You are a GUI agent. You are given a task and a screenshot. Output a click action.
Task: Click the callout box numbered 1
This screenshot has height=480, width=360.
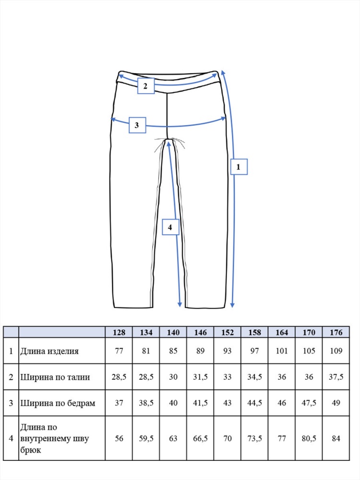pos(239,167)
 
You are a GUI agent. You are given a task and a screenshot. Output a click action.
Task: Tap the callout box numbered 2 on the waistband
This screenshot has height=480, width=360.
pos(145,86)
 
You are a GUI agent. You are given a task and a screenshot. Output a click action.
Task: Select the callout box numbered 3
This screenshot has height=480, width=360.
pos(137,125)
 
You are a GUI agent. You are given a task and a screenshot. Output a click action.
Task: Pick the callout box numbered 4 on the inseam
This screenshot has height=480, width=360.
pos(170,227)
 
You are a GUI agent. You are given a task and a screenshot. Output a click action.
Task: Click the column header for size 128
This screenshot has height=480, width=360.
pos(119,333)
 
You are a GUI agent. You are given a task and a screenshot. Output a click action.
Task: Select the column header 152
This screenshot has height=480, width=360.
pos(228,333)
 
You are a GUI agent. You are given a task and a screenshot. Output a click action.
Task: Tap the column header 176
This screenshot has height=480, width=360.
pos(336,333)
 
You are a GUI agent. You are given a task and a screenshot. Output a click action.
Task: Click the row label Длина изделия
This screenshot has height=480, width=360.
pos(49,351)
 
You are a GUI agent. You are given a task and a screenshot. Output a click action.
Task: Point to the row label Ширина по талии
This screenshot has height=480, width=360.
pos(55,377)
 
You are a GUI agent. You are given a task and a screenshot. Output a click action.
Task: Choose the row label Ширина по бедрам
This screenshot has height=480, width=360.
pos(58,403)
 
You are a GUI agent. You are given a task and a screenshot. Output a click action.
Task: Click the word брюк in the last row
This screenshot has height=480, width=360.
pos(31,450)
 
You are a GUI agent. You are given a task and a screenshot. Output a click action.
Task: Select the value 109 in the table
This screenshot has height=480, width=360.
pos(336,351)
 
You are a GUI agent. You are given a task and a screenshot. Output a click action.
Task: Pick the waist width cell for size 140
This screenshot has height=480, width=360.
pos(173,377)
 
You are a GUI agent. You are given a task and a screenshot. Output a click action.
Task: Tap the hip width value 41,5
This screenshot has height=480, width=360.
pos(201,403)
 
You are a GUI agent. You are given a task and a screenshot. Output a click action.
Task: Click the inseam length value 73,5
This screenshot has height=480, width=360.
pos(255,438)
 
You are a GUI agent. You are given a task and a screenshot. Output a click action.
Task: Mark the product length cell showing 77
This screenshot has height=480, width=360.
pos(119,351)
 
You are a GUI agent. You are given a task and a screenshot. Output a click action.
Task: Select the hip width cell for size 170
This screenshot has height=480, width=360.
pos(309,403)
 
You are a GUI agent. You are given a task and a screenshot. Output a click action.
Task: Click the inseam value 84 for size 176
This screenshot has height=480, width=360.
pos(336,438)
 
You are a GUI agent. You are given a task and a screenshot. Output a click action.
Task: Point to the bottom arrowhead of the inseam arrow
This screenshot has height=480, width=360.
pos(180,305)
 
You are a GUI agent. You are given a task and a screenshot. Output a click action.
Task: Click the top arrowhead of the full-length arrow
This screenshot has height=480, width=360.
pos(223,72)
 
